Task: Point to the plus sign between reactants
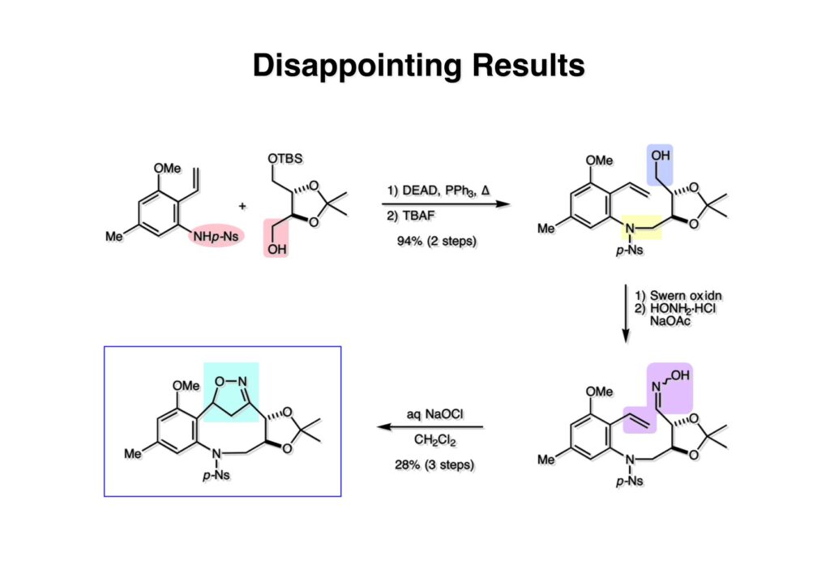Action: (x=242, y=207)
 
